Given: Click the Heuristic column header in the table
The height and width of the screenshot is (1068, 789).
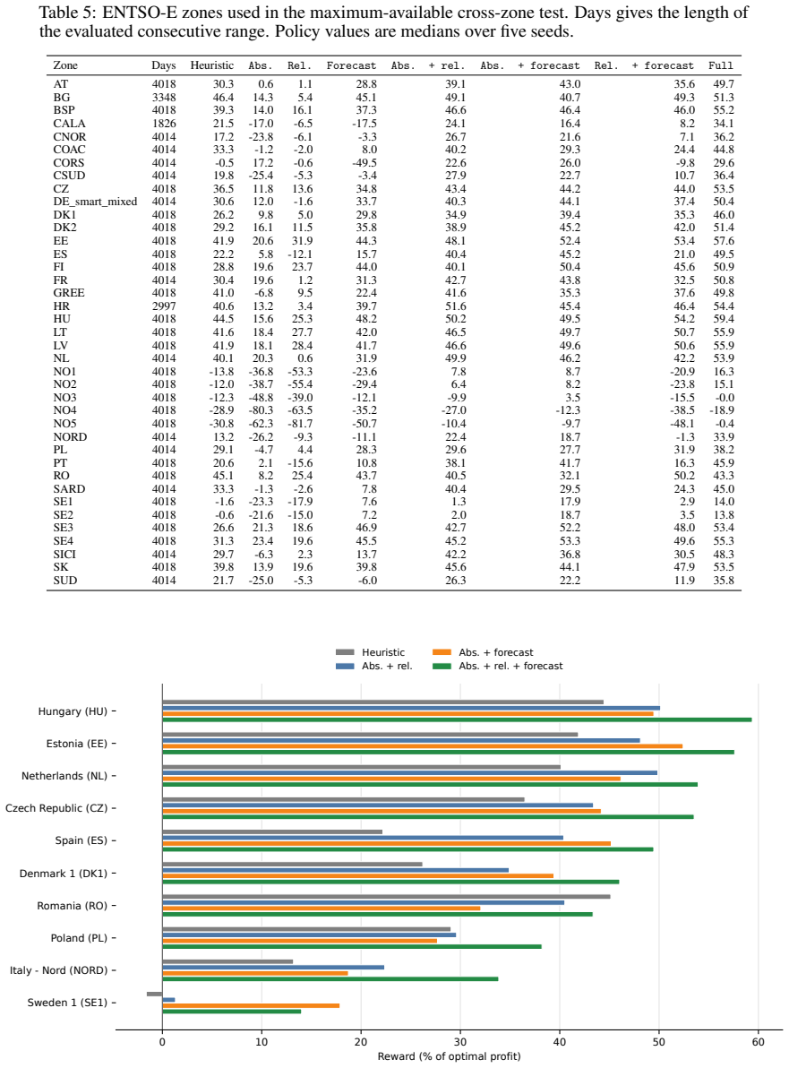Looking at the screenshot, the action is (x=211, y=65).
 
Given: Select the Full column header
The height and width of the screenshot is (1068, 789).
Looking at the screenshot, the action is (x=721, y=65).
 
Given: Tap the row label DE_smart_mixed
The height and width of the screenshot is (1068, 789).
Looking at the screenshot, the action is (x=95, y=202).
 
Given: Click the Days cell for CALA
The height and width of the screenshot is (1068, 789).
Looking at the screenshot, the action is (x=164, y=124).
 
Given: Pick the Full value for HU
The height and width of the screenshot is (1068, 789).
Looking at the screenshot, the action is (x=724, y=319).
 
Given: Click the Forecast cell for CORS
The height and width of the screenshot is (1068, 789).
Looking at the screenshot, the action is (x=364, y=163).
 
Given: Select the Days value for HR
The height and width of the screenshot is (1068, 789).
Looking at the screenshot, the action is (x=164, y=306).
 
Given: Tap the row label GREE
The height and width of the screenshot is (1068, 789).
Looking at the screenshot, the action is (x=69, y=293).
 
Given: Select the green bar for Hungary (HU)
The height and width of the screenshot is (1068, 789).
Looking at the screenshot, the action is (x=457, y=719).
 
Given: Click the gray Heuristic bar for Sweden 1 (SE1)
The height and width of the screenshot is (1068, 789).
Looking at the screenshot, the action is (x=155, y=994).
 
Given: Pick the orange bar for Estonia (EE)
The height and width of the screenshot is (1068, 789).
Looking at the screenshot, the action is (x=422, y=746).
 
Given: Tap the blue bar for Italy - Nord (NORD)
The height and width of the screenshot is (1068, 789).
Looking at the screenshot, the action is (x=273, y=967).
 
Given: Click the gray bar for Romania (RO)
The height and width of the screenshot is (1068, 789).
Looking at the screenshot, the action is (x=386, y=897).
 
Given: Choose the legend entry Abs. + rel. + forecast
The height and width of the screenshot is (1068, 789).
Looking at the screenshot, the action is (x=498, y=666).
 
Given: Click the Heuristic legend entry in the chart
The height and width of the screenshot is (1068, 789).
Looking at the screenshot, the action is (x=371, y=652).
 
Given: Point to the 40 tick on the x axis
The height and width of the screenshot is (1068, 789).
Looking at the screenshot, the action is (x=560, y=1041).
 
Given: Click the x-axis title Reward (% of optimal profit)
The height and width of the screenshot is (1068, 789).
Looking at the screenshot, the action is (x=450, y=1056).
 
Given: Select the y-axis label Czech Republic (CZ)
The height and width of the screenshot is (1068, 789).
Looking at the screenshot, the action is (x=56, y=808).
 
